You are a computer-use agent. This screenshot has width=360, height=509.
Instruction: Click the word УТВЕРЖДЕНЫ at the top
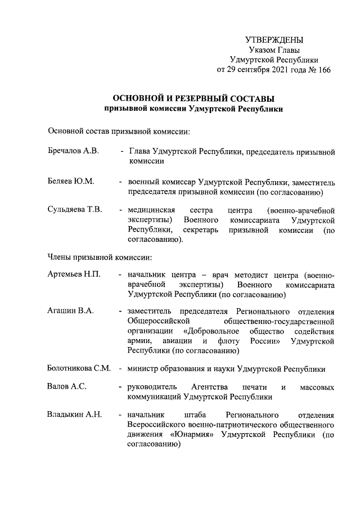[x=274, y=39]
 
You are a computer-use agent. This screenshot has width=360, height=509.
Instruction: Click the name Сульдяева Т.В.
[x=75, y=210]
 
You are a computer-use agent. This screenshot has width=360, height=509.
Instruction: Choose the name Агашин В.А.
[x=70, y=311]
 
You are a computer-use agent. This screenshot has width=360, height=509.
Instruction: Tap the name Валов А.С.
[x=67, y=387]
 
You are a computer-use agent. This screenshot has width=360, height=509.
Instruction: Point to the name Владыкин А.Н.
[x=74, y=415]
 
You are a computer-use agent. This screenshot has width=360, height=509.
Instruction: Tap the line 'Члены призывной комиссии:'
[x=100, y=258]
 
